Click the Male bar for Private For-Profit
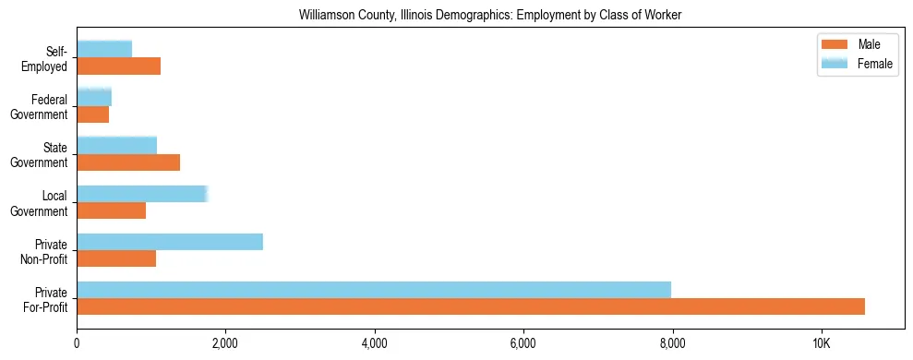click(x=471, y=306)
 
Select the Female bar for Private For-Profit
click(x=374, y=290)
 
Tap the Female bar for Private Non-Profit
click(x=170, y=242)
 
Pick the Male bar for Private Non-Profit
click(x=116, y=258)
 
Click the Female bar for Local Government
click(x=142, y=194)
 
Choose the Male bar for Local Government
click(x=111, y=210)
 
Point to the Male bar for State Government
click(x=128, y=162)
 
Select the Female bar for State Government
click(x=116, y=146)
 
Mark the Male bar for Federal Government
click(x=92, y=114)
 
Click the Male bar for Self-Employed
click(x=118, y=66)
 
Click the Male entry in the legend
click(x=859, y=44)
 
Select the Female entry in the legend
click(x=859, y=63)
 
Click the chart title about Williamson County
click(x=490, y=16)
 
